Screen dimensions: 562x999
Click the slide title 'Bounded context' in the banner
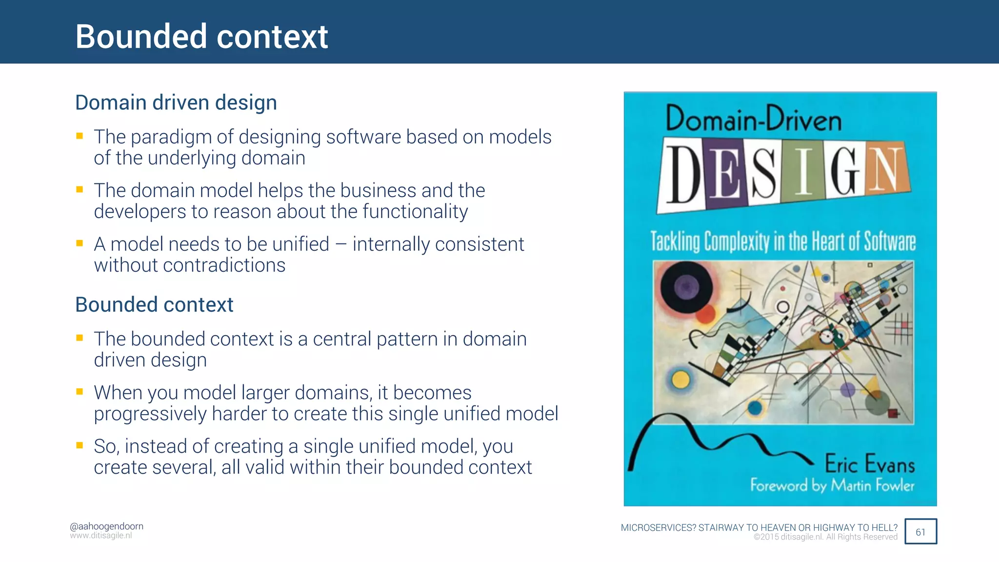(x=201, y=37)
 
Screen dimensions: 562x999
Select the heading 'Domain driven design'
(x=176, y=103)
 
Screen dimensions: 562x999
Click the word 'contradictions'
(x=224, y=265)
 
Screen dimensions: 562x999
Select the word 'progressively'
(x=150, y=414)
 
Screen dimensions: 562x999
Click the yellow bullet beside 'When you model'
(x=80, y=391)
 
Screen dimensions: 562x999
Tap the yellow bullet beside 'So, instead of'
(x=80, y=445)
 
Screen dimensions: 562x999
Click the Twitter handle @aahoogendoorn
(x=106, y=526)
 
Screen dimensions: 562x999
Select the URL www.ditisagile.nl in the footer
(x=101, y=536)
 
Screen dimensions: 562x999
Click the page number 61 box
(x=920, y=532)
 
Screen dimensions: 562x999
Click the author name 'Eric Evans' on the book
(x=870, y=463)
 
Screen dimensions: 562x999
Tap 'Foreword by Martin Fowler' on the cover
(x=832, y=485)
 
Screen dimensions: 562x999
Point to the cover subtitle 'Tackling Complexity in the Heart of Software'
(x=783, y=241)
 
